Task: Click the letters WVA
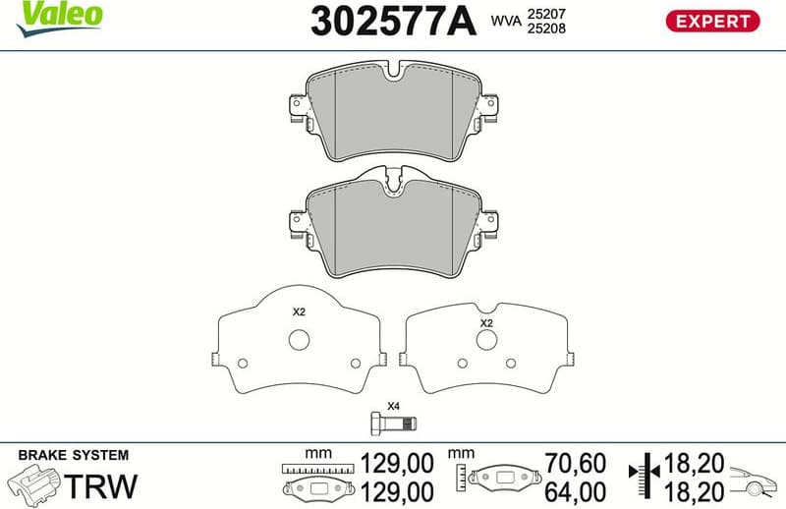505,20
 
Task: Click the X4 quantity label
393,406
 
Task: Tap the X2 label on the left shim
300,311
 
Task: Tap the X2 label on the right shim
485,322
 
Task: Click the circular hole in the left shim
300,339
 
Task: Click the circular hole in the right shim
485,339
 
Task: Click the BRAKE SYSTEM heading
74,455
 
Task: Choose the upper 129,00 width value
398,463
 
